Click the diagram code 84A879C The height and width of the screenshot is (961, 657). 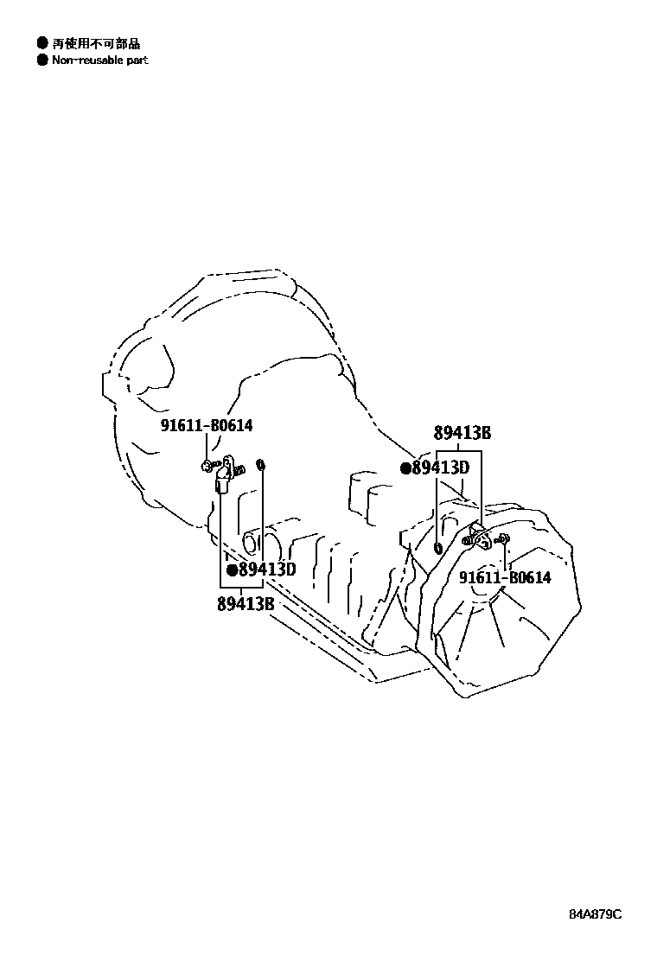pos(595,914)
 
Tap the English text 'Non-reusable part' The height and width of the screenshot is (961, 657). pos(99,60)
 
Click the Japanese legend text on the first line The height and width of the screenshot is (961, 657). pos(95,42)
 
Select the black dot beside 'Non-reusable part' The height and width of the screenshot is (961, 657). pos(41,60)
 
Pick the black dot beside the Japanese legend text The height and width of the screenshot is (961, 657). pos(41,42)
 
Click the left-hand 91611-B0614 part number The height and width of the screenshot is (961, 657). pos(206,426)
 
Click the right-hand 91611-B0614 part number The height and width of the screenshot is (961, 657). pos(505,578)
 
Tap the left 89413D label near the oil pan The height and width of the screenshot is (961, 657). pos(267,570)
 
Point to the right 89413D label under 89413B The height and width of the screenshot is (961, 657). pos(440,468)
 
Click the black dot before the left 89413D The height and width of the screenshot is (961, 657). pos(232,570)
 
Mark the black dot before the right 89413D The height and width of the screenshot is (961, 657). pos(405,468)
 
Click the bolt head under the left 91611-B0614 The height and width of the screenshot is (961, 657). pos(206,466)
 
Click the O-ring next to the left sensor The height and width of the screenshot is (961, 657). pos(262,468)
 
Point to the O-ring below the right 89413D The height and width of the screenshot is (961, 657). pos(439,547)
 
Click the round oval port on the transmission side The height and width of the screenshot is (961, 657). pos(252,544)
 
